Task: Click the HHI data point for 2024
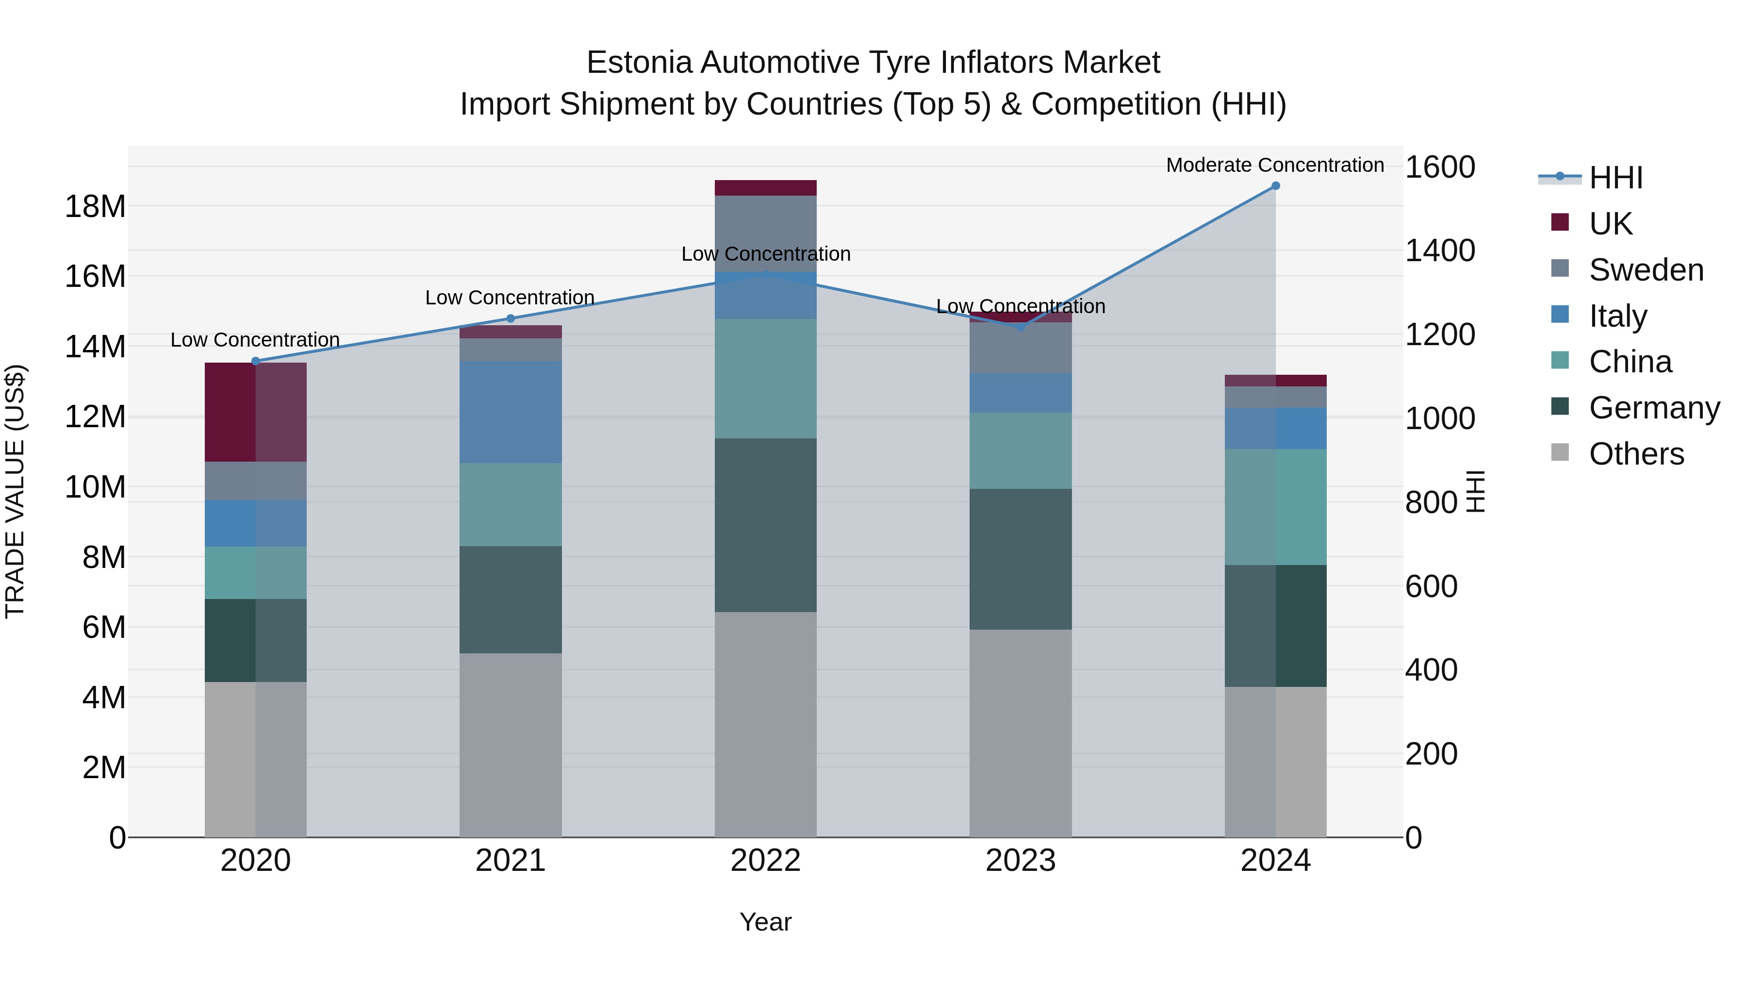tap(1275, 186)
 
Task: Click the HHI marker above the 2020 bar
tap(256, 361)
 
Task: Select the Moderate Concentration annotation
tap(1274, 165)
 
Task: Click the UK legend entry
tap(1610, 223)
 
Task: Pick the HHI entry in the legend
tap(1615, 178)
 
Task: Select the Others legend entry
tap(1636, 454)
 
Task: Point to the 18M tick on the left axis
tap(95, 206)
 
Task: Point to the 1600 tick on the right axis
tap(1439, 167)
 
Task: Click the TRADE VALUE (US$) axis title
tap(15, 491)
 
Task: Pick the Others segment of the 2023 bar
tap(1020, 733)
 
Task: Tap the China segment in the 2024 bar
tap(1275, 507)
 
